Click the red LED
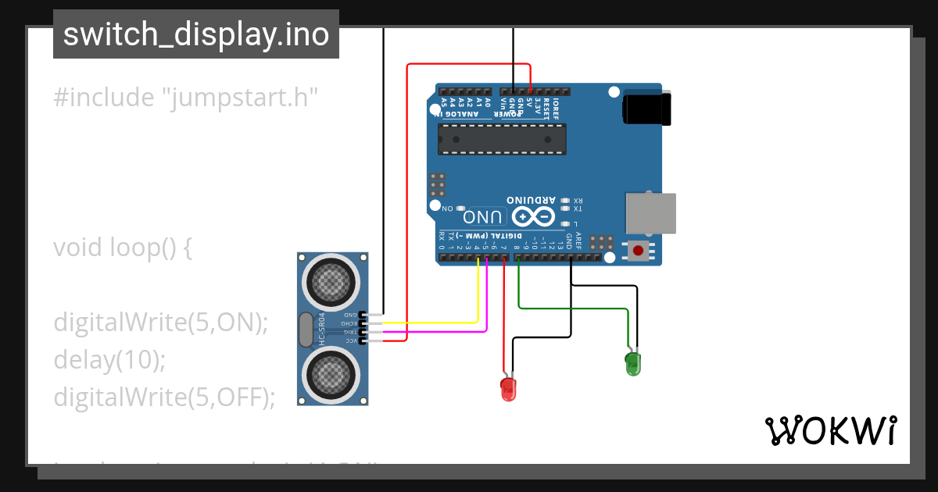(x=508, y=388)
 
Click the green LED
(x=632, y=363)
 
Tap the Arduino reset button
(x=639, y=251)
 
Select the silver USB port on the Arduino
(x=650, y=213)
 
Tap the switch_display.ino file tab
(x=195, y=34)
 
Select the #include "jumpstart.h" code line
(x=186, y=98)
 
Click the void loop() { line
(x=122, y=248)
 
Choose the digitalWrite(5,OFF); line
(x=164, y=397)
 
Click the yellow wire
(x=438, y=322)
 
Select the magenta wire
(x=446, y=332)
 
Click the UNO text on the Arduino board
(x=482, y=216)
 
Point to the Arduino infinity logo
(x=535, y=216)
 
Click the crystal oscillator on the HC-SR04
(x=305, y=329)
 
